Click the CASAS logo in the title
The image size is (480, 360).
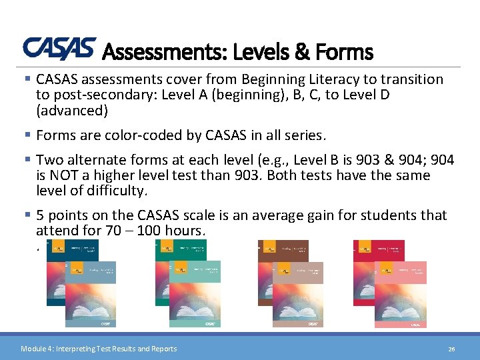(x=59, y=48)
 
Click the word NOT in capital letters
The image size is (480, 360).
(x=63, y=175)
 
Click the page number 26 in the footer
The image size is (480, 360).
(x=451, y=349)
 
